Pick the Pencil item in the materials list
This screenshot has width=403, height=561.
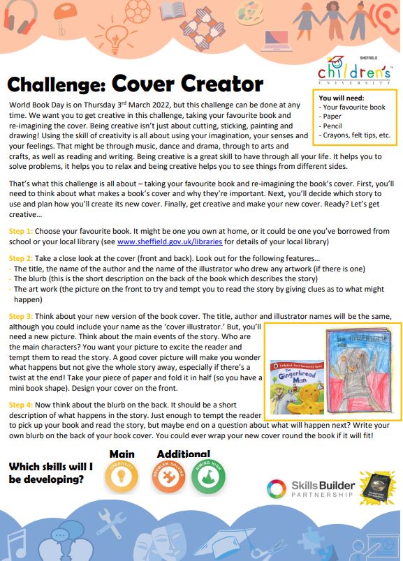[x=332, y=126]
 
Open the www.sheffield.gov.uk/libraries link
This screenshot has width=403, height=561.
[x=170, y=241]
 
